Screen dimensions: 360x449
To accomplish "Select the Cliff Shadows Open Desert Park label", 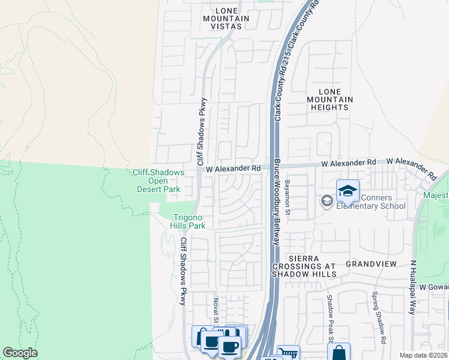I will click(158, 181).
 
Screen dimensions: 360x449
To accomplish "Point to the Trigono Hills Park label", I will click(190, 221).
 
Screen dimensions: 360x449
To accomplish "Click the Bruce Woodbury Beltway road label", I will click(277, 202).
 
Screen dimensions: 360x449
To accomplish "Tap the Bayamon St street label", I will click(288, 197).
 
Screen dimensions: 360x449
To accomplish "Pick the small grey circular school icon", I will click(327, 200).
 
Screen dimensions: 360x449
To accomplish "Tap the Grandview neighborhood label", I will click(371, 264).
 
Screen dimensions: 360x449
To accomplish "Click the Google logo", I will click(20, 353).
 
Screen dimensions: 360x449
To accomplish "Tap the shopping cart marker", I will click(288, 355).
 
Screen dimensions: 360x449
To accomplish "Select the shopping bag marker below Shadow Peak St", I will click(339, 353).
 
